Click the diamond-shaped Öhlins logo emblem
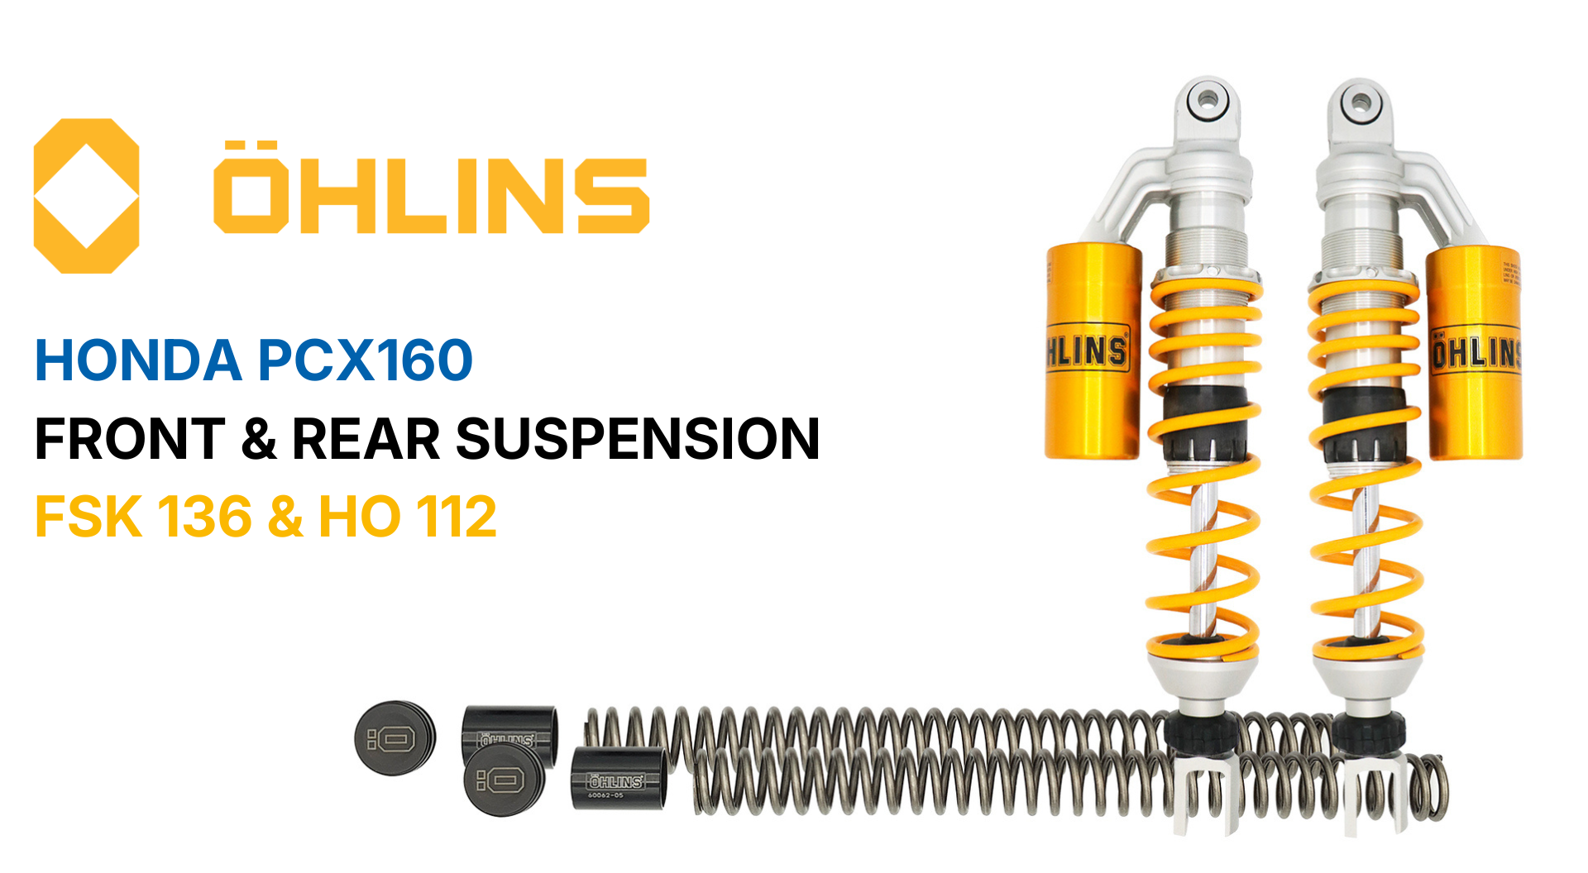click(86, 196)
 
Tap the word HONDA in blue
click(137, 360)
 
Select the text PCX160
click(365, 360)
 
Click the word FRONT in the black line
click(130, 438)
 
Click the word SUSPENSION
click(637, 438)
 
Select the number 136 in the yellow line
click(203, 517)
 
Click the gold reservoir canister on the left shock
click(1093, 351)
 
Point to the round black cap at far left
click(395, 738)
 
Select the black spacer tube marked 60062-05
click(618, 779)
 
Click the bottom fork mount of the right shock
click(1375, 794)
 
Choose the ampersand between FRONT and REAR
click(259, 438)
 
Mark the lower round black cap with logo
click(503, 780)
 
